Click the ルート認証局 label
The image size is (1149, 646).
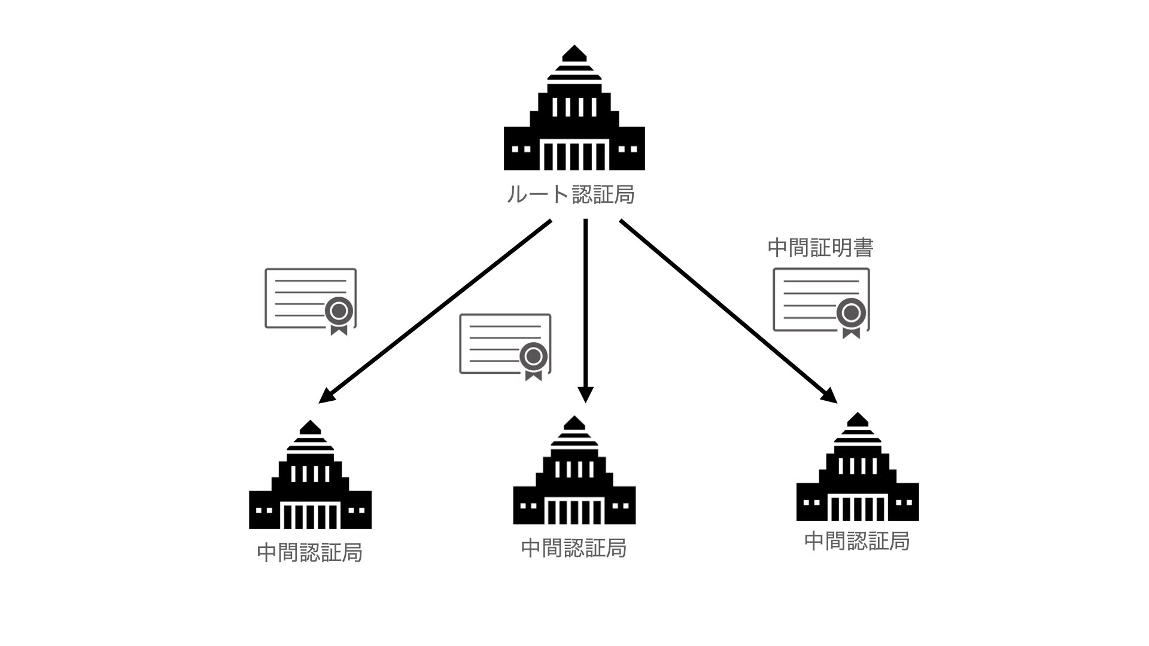click(x=570, y=194)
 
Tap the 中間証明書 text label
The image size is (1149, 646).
click(x=820, y=248)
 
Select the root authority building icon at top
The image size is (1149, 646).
click(x=574, y=114)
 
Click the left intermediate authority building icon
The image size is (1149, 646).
click(x=310, y=479)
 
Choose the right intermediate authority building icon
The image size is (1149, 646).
click(x=858, y=470)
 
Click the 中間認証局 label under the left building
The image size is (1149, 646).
click(x=310, y=553)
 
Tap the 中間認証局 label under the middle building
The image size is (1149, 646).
click(x=574, y=548)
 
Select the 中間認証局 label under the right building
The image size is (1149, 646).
click(x=857, y=541)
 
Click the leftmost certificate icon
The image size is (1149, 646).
click(x=311, y=299)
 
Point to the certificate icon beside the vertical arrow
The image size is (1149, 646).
click(x=505, y=345)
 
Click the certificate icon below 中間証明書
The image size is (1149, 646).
click(x=821, y=300)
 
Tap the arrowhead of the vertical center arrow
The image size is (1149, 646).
click(x=586, y=395)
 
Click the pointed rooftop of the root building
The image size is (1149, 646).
click(x=574, y=53)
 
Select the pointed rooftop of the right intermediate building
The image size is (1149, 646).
click(x=858, y=419)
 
